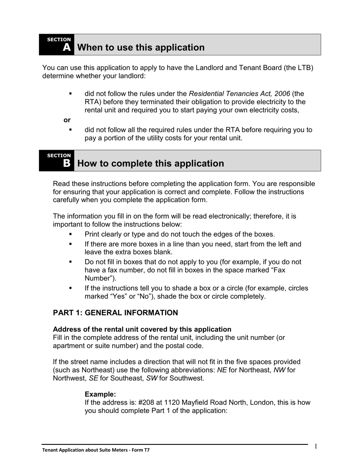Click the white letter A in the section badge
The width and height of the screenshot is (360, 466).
[x=67, y=48]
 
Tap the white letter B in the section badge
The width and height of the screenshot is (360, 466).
[x=67, y=164]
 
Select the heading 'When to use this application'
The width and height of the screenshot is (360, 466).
[x=141, y=47]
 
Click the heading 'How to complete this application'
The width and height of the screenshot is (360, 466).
[x=150, y=163]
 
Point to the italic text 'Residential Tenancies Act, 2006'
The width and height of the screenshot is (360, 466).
[x=239, y=94]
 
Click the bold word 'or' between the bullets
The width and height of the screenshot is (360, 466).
[x=67, y=120]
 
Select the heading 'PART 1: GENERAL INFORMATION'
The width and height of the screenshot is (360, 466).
[x=115, y=313]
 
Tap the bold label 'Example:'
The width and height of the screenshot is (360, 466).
[x=100, y=394]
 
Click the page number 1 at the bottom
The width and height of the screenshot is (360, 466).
[x=316, y=446]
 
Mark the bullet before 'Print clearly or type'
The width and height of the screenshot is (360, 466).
[x=70, y=234]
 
